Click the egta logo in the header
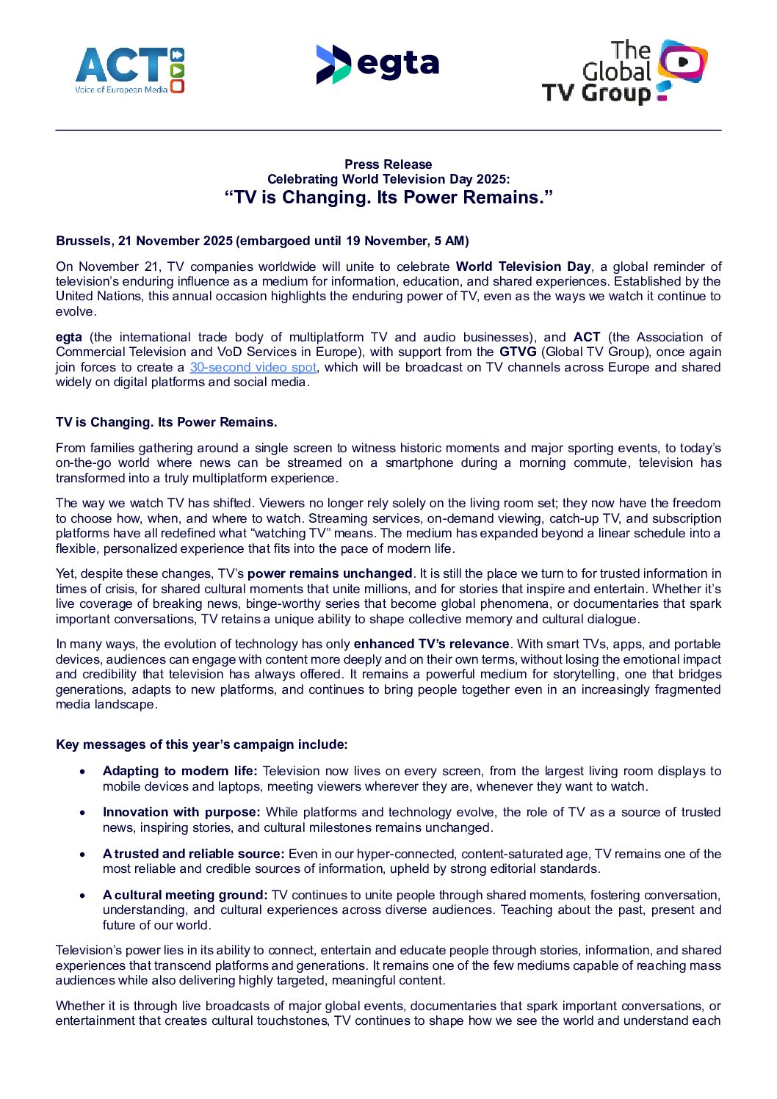377,65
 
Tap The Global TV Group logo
624,71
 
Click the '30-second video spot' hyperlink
253,367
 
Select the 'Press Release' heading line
388,164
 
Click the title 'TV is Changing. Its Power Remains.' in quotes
388,197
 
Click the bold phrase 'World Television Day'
523,266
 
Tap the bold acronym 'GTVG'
518,352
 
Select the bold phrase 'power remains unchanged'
330,573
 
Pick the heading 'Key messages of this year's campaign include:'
202,744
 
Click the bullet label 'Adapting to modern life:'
180,771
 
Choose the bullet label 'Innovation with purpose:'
181,812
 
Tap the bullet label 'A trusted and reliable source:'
193,854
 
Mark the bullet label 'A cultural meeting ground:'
185,895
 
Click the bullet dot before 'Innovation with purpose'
84,813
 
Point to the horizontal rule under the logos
388,130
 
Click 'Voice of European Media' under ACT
121,90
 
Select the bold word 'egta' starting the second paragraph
69,337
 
